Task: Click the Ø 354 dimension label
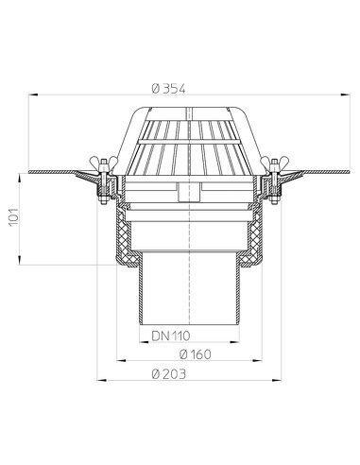[168, 89]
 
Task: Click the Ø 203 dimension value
[167, 373]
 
